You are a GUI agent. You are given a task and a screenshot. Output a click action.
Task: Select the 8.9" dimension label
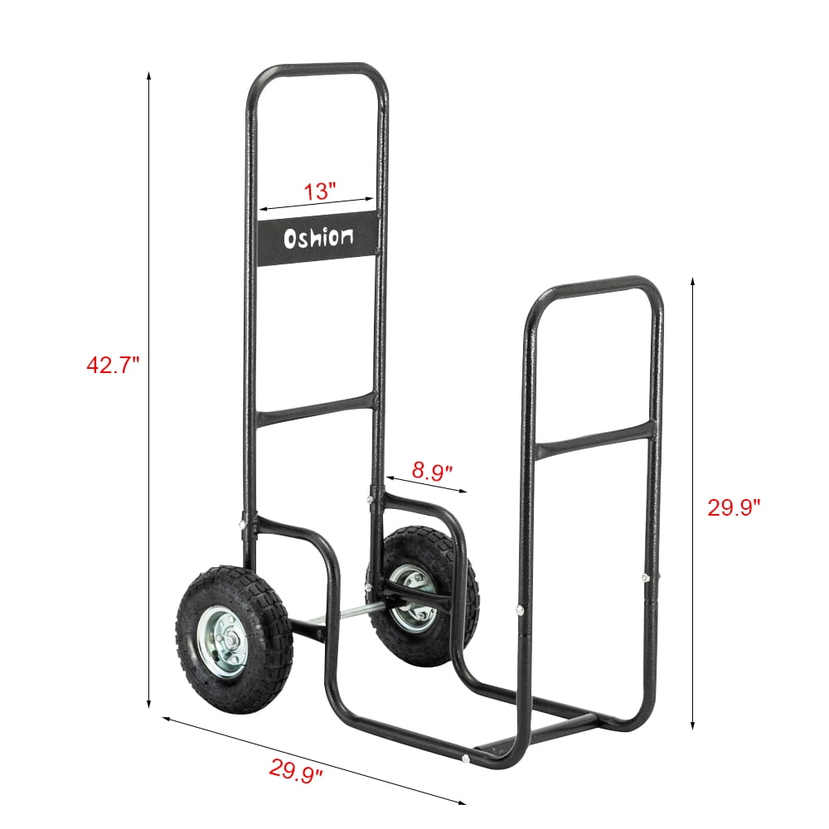pyautogui.click(x=432, y=472)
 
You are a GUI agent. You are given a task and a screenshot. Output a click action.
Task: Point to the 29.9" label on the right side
pyautogui.click(x=733, y=507)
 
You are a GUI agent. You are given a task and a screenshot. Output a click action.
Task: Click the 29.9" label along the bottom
pyautogui.click(x=296, y=771)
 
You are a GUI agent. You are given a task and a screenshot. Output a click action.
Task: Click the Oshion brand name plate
pyautogui.click(x=318, y=239)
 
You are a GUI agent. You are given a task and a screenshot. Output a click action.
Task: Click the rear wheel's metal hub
pyautogui.click(x=412, y=595)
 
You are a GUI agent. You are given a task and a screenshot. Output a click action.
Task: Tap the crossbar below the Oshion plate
pyautogui.click(x=316, y=410)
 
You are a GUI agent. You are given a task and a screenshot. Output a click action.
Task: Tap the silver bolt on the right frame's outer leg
pyautogui.click(x=644, y=578)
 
